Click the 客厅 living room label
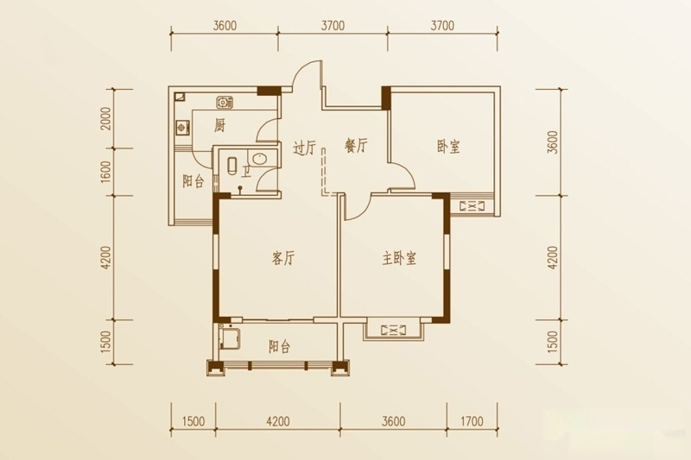(x=283, y=258)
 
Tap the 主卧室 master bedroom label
(x=399, y=258)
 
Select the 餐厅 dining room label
(x=356, y=145)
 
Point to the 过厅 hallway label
(x=305, y=148)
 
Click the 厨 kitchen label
(x=219, y=125)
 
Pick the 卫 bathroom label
(x=245, y=170)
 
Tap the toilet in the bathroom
(x=232, y=166)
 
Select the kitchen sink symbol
(x=225, y=103)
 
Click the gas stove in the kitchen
(x=182, y=128)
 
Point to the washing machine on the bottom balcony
(x=230, y=337)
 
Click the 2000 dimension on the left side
(x=105, y=118)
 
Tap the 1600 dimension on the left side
(x=105, y=172)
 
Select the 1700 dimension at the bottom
(x=472, y=421)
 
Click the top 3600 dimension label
(x=225, y=26)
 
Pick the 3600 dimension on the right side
(x=553, y=142)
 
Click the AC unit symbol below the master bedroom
(x=393, y=330)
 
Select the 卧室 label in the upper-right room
(x=448, y=147)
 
